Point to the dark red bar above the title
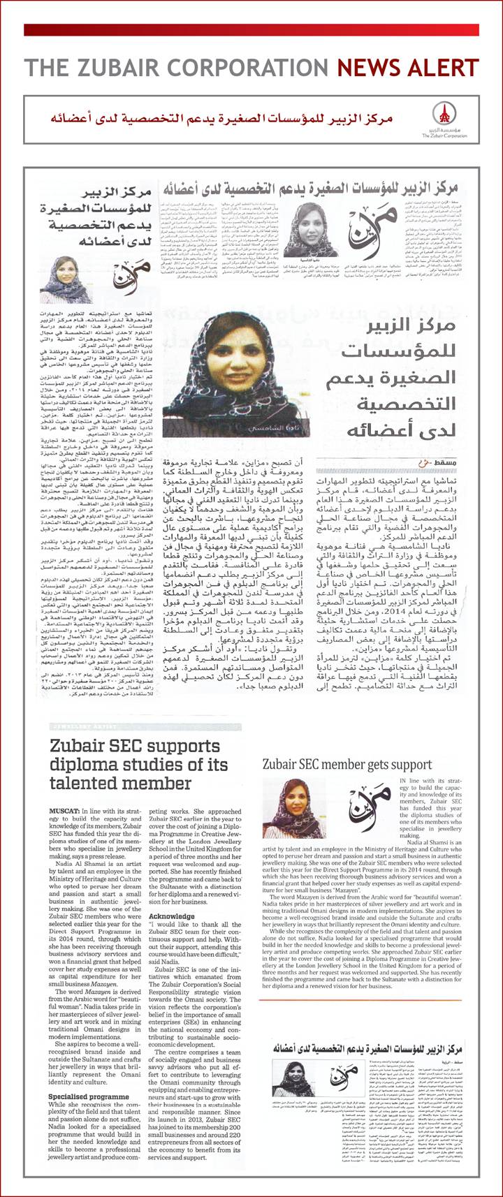pos(251,30)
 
